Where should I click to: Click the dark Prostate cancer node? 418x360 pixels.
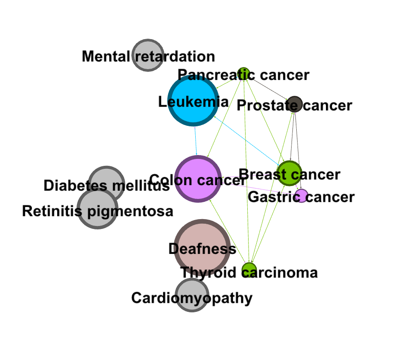point(295,104)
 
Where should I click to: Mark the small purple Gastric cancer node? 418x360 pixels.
point(302,196)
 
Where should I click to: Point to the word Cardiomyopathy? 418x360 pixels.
point(192,298)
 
